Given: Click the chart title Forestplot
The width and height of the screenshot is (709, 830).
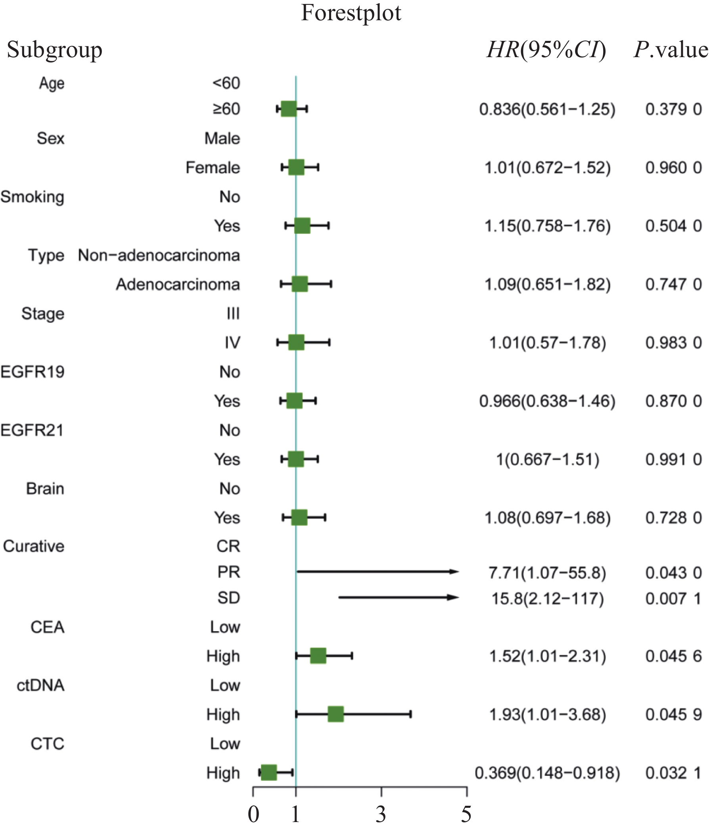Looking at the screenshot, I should (x=351, y=13).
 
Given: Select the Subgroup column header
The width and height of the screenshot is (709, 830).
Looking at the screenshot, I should (x=55, y=50).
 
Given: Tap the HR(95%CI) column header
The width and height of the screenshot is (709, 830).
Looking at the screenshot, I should (x=546, y=50).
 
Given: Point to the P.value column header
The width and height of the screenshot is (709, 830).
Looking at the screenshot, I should (x=671, y=50).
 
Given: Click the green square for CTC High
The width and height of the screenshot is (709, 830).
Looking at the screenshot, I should (x=268, y=772).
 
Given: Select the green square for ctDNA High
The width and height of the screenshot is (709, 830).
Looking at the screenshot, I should (x=336, y=714).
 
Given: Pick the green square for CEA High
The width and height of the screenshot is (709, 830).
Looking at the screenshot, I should (x=318, y=656).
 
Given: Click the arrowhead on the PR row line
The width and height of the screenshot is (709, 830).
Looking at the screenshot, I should (x=454, y=572).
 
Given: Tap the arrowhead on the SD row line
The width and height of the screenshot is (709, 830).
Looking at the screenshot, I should (x=454, y=598).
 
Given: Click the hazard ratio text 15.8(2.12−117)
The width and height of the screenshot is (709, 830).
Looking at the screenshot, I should (x=547, y=599).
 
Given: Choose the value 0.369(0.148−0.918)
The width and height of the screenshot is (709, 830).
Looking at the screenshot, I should (x=547, y=773).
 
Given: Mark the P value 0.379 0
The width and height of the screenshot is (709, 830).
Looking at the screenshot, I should (x=673, y=109).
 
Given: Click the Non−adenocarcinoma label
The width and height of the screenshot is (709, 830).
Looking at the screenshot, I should (x=159, y=255).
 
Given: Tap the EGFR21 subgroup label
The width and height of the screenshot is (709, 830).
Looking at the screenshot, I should (x=32, y=430).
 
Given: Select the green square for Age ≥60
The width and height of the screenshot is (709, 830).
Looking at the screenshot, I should (x=289, y=108).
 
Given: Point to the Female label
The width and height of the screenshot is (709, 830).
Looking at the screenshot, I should (x=213, y=168).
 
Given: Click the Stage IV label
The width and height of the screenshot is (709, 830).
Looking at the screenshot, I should (x=232, y=343).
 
